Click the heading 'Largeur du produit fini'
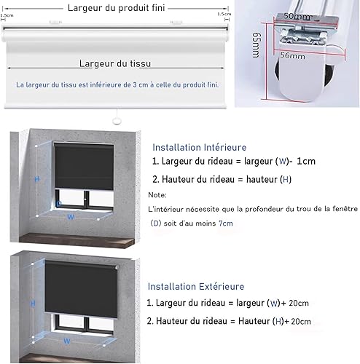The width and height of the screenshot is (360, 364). tap(117, 8)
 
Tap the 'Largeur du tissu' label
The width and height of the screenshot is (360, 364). tap(115, 63)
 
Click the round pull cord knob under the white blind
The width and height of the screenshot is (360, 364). tap(117, 121)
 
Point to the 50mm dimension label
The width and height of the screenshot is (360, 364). tap(297, 16)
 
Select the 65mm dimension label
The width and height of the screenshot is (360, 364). tap(257, 45)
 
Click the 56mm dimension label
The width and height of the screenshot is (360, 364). tap(292, 55)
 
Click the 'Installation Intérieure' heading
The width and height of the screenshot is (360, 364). tap(200, 147)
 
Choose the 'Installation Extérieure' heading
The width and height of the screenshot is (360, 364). tap(196, 286)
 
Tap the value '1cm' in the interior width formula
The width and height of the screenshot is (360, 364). tap(306, 161)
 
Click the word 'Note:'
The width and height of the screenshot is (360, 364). tap(157, 195)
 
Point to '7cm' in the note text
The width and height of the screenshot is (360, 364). tap(226, 223)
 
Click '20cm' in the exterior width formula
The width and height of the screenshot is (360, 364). tap(299, 303)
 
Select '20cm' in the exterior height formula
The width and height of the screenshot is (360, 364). tap(301, 322)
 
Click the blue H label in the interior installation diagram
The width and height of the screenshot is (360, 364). tap(37, 179)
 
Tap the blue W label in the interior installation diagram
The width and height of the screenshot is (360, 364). tap(71, 217)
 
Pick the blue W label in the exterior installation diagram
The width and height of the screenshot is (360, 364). tap(67, 341)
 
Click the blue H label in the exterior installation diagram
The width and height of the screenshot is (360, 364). tap(33, 303)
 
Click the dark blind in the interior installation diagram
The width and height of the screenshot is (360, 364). tap(84, 167)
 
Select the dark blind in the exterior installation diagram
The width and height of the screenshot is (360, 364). tap(81, 289)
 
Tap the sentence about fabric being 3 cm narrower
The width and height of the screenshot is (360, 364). tap(117, 85)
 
